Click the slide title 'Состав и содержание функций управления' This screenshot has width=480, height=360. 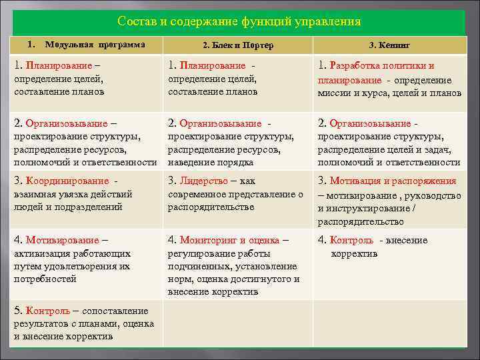tap(239, 21)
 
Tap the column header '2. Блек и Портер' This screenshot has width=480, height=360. tap(238, 45)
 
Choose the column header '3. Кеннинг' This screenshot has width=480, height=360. tap(390, 45)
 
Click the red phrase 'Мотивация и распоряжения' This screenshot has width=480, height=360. tap(393, 181)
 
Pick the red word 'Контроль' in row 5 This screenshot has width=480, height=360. tap(47, 311)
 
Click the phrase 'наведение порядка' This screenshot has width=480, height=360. tap(210, 162)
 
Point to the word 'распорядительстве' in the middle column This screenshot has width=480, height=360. tap(211, 207)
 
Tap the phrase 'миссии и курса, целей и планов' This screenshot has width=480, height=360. tap(389, 93)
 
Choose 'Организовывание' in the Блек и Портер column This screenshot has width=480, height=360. tap(221, 123)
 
